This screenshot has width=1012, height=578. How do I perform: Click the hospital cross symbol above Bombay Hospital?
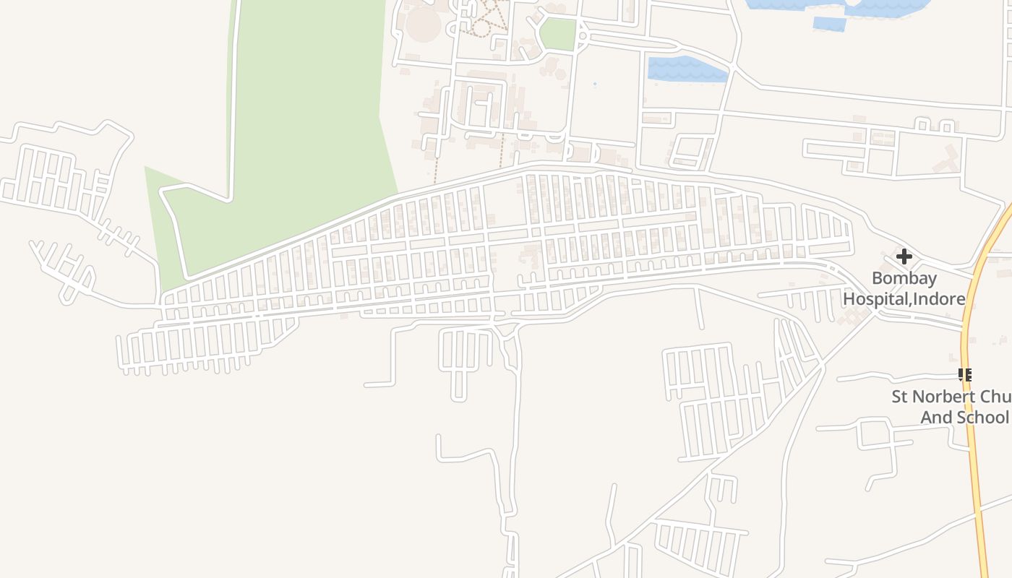pyautogui.click(x=904, y=256)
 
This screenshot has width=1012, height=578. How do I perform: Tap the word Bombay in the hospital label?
pyautogui.click(x=904, y=278)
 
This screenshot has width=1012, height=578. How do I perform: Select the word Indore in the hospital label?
pyautogui.click(x=938, y=298)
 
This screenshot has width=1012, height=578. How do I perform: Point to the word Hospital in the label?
pyautogui.click(x=875, y=298)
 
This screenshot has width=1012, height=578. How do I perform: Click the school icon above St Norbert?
pyautogui.click(x=964, y=374)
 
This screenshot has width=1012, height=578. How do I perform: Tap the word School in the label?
pyautogui.click(x=982, y=418)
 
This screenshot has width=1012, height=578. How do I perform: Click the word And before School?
pyautogui.click(x=936, y=418)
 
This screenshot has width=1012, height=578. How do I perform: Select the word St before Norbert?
pyautogui.click(x=900, y=397)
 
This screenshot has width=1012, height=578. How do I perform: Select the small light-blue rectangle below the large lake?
pyautogui.click(x=829, y=24)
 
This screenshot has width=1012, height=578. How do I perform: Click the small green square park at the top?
pyautogui.click(x=557, y=34)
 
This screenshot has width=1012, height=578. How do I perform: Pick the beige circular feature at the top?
pyautogui.click(x=424, y=24)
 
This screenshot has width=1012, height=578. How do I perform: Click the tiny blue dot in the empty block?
pyautogui.click(x=595, y=85)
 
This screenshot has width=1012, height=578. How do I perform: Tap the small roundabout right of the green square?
pyautogui.click(x=583, y=35)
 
